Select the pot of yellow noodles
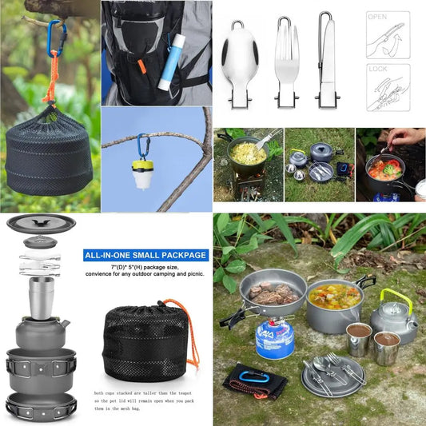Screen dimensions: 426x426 pyautogui.click(x=248, y=153)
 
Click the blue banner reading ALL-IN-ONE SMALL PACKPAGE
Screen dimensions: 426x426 pyautogui.click(x=146, y=256)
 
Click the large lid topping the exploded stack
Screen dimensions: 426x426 pyautogui.click(x=41, y=223)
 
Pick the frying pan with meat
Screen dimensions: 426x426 pyautogui.click(x=272, y=294)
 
